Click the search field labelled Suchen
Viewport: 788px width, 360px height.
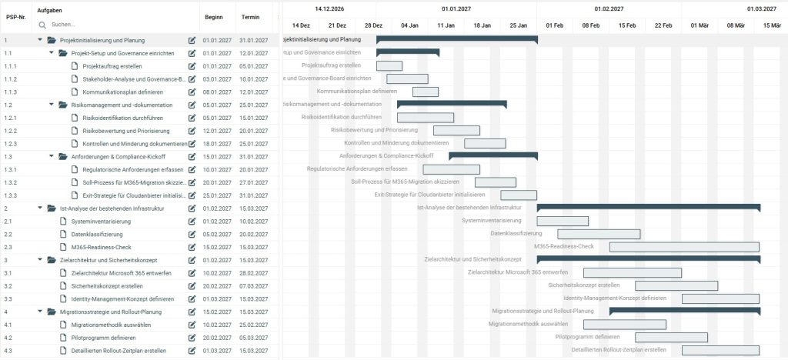115,25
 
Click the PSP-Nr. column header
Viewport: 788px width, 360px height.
17,17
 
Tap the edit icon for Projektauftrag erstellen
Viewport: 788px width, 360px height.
192,66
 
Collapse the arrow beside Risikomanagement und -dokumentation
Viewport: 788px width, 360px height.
52,105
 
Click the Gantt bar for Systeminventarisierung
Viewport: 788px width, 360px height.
563,221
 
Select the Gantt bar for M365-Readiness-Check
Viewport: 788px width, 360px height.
684,247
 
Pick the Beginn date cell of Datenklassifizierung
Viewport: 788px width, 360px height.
217,234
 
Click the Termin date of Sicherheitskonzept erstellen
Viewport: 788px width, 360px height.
254,286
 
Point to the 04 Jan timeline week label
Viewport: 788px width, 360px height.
409,25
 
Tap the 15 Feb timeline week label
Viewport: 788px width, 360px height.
626,25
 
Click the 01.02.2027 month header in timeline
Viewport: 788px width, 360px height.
609,8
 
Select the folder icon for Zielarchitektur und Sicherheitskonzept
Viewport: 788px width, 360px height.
52,260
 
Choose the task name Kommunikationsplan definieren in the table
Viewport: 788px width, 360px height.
127,92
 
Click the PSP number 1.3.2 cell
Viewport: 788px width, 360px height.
11,182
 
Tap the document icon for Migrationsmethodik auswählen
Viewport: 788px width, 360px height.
64,325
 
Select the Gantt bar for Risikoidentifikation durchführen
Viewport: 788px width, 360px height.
426,118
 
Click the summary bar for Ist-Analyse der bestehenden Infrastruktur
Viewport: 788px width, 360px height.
648,207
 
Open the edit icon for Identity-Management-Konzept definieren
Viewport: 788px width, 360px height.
192,298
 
